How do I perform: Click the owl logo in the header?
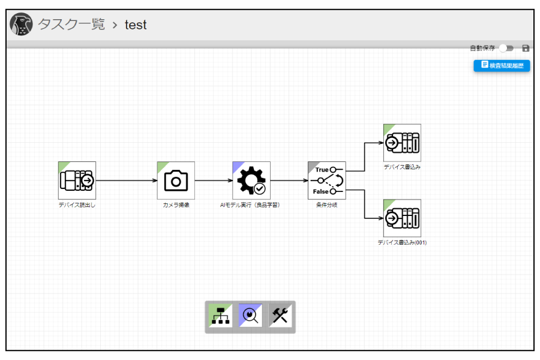coord(22,24)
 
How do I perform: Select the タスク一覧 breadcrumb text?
coord(71,25)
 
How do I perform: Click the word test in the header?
coord(136,25)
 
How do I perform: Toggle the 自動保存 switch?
coord(506,48)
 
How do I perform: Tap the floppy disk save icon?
coord(526,48)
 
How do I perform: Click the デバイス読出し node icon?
coord(77,181)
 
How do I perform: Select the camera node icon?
coord(176,181)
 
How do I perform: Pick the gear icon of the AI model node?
coord(251,181)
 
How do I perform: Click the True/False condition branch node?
coord(327,181)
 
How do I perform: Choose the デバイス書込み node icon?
coord(402,143)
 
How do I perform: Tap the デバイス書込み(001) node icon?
coord(402,218)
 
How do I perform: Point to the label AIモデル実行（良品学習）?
coord(250,205)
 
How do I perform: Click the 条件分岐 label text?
coord(327,205)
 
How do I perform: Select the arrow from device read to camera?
coord(127,181)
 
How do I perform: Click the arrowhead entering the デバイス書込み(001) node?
coord(381,218)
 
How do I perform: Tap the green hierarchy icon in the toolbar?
coord(220,316)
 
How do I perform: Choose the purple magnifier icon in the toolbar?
coord(250,316)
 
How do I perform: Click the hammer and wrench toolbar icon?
coord(280,316)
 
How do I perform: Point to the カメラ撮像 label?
coord(176,205)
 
